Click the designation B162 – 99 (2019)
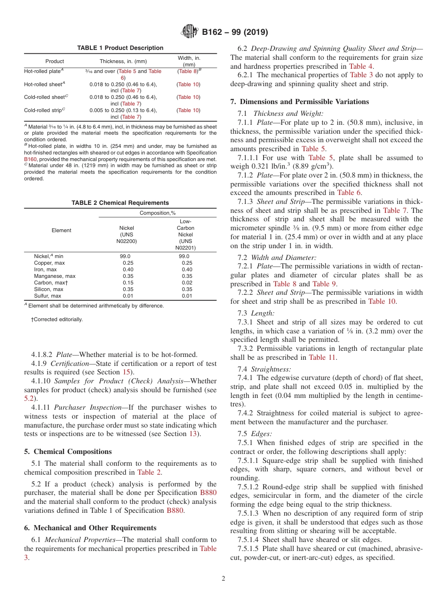[235, 32]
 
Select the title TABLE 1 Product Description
[120, 48]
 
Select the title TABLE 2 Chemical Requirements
[120, 203]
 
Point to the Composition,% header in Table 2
[158, 213]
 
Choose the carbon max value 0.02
[187, 283]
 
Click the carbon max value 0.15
[128, 283]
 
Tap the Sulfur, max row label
[48, 296]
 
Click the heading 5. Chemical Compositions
[68, 451]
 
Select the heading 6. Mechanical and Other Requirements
[90, 528]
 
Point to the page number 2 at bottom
[223, 579]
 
